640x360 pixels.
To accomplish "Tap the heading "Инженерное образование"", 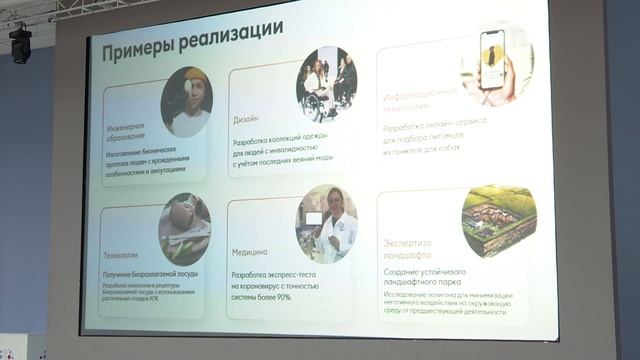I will [x=127, y=132].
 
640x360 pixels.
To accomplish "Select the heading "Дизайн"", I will [x=246, y=118].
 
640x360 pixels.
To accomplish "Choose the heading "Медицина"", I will [x=250, y=251].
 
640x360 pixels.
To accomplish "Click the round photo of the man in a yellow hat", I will [x=187, y=102].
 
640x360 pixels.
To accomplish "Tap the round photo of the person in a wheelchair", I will [x=326, y=85].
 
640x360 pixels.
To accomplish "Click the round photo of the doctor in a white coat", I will [x=327, y=223].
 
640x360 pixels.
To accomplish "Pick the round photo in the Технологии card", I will [x=184, y=228].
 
